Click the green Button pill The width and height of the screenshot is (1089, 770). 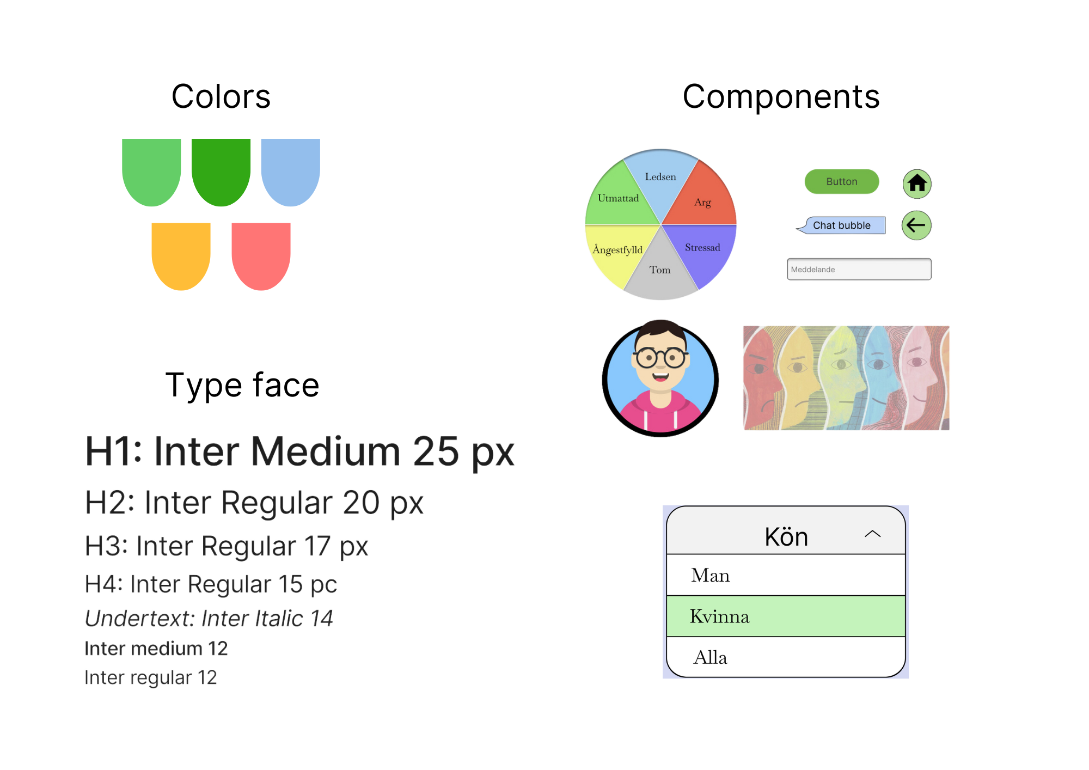click(x=841, y=181)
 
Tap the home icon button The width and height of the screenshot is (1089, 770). click(x=917, y=184)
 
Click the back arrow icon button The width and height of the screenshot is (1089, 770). click(x=916, y=225)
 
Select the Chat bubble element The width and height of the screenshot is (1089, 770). click(x=842, y=225)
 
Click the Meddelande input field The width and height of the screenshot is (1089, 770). click(x=859, y=270)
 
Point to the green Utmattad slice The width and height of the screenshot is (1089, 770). click(x=618, y=200)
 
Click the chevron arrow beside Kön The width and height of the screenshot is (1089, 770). click(x=872, y=534)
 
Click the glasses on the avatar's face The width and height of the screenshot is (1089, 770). click(x=660, y=358)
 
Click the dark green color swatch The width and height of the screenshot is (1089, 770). click(x=226, y=180)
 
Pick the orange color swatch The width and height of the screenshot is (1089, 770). click(x=191, y=256)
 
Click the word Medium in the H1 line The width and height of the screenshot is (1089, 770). click(x=326, y=452)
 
